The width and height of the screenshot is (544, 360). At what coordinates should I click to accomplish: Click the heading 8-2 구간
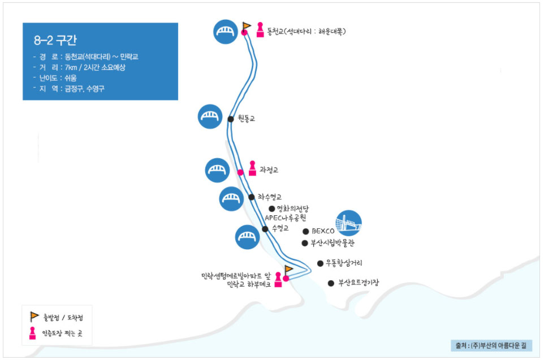(55, 41)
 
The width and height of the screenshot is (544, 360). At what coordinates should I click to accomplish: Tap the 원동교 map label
(247, 119)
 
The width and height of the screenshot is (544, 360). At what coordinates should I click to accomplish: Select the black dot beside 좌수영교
(252, 197)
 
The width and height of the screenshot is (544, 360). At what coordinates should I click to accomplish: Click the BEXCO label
(323, 231)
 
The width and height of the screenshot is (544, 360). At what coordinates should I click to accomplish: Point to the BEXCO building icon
(348, 223)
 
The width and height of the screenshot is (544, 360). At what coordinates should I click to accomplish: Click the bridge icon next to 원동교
(210, 116)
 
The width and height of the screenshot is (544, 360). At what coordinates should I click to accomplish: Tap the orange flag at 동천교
(247, 25)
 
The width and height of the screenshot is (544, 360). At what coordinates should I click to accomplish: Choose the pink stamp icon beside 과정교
(252, 169)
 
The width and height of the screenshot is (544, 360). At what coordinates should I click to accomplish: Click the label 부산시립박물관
(333, 243)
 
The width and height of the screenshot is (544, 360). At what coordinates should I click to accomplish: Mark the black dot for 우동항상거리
(320, 263)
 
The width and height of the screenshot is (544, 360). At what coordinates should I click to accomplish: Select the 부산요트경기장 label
(359, 283)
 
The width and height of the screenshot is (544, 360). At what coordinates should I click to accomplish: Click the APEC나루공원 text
(285, 218)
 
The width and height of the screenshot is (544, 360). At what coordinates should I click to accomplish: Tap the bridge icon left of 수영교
(247, 237)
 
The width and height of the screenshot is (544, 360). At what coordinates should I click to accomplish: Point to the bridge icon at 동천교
(226, 31)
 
